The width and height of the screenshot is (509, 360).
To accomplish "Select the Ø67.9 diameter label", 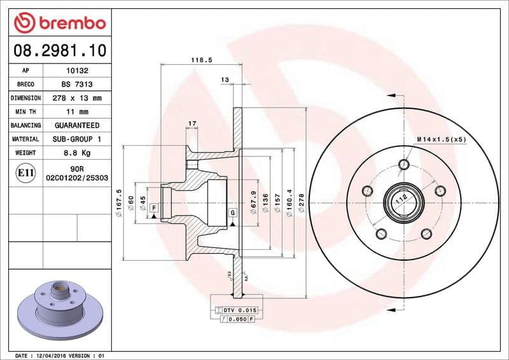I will [254, 202].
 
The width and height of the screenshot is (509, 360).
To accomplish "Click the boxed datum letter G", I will [233, 212].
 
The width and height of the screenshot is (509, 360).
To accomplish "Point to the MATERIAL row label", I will [26, 139].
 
